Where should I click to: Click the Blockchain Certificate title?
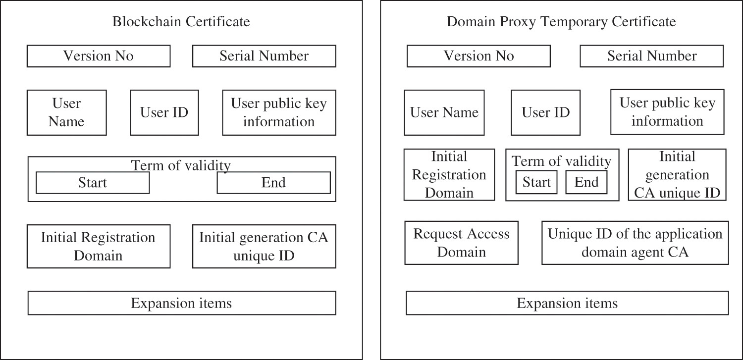coord(181,22)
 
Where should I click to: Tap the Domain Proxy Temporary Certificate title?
coord(561,22)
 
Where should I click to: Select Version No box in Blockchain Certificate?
coord(98,56)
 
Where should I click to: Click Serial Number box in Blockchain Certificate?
coord(264,56)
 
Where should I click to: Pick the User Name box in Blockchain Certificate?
coord(66,112)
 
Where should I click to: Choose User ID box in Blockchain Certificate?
coord(164,112)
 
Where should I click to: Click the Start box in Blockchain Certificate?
coord(93,183)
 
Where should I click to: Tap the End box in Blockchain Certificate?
coord(273,183)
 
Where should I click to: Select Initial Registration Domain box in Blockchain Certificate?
coord(98,246)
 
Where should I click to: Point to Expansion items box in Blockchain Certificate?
coord(181,303)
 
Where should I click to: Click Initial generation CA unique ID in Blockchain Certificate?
coord(264,246)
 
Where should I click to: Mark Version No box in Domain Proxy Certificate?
coord(478,56)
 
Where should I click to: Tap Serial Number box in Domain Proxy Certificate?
coord(651,56)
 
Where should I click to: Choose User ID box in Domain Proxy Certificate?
coord(545,112)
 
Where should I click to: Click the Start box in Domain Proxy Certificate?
coord(536,182)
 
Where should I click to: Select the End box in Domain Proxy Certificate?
coord(586,182)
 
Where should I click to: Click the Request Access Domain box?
coord(461,243)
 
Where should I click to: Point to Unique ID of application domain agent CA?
coord(635,243)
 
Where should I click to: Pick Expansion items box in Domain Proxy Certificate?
coord(567,303)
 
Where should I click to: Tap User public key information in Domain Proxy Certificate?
coord(667,112)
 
